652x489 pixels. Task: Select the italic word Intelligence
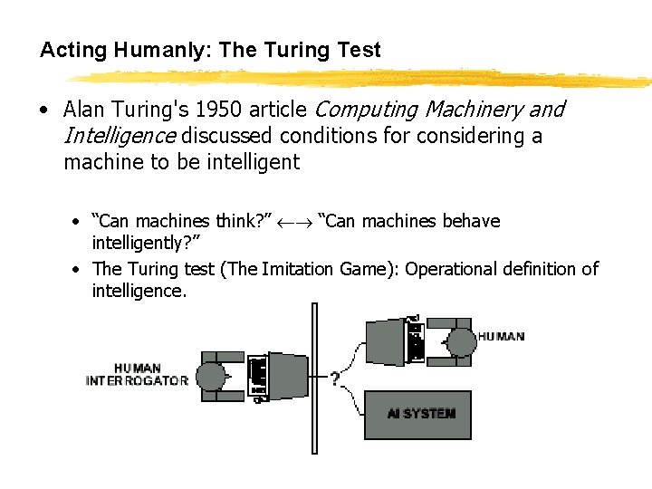click(120, 137)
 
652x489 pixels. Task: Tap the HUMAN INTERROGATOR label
click(137, 375)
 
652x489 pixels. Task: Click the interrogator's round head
click(212, 376)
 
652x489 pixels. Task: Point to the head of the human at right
click(461, 342)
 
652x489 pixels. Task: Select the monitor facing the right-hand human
click(384, 340)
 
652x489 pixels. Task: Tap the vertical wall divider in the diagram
click(313, 380)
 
